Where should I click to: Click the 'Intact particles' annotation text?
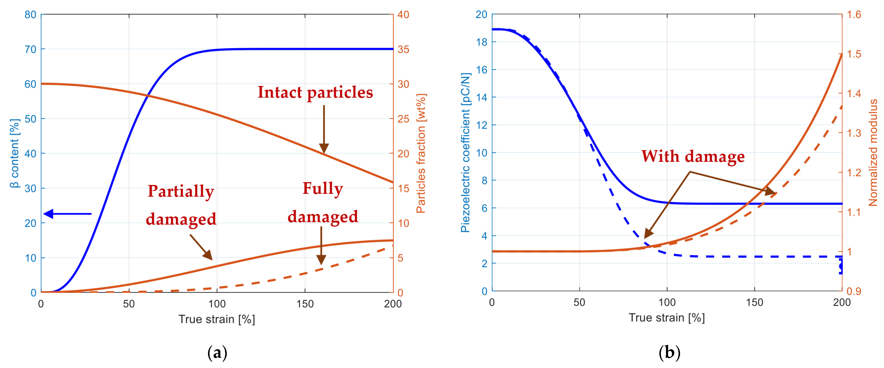[315, 93]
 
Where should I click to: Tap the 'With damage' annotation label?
[693, 157]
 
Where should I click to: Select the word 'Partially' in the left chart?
[181, 191]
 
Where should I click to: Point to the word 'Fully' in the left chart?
[323, 188]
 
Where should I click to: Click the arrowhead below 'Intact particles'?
[324, 148]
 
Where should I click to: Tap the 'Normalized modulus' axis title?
[873, 152]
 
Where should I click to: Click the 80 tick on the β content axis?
[30, 15]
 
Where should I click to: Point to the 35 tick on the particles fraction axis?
[403, 49]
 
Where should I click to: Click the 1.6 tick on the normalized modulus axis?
[854, 14]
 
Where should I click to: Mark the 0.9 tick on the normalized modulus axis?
[854, 291]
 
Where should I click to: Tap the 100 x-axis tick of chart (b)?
[667, 302]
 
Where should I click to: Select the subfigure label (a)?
[217, 353]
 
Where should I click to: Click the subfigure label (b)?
[669, 353]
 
